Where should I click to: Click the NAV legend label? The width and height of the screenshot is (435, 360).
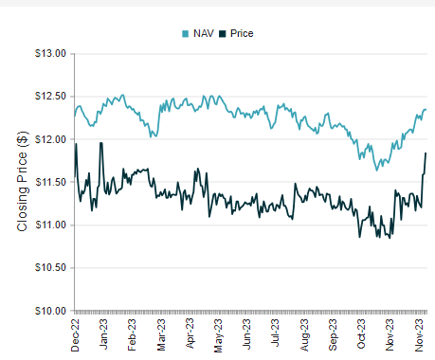(203, 33)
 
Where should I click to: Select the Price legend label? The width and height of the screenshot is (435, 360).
(241, 33)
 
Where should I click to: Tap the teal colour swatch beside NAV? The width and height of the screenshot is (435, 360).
(185, 33)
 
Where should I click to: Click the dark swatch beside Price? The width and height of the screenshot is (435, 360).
(222, 33)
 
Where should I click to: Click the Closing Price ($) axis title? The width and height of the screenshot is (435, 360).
(22, 182)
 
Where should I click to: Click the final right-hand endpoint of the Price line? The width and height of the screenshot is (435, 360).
(426, 153)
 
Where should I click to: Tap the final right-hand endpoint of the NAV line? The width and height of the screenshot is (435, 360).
(426, 110)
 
